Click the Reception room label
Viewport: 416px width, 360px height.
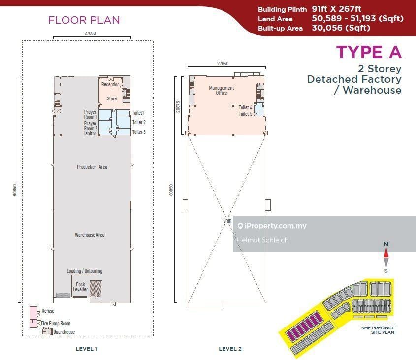(110, 84)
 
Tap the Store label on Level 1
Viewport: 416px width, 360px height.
(112, 98)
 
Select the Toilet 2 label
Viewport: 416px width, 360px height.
(139, 123)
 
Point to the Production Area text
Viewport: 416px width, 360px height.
(92, 167)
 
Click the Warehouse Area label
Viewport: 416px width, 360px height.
(90, 235)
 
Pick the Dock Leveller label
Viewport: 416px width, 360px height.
(80, 287)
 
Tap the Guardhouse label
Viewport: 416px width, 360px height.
(64, 332)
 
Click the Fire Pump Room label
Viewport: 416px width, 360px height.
(56, 324)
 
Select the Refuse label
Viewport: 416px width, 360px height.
(48, 311)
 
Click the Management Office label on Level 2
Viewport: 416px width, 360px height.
(222, 90)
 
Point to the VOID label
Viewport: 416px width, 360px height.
(227, 222)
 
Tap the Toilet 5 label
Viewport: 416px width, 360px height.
(245, 114)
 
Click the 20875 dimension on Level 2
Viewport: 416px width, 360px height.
(178, 107)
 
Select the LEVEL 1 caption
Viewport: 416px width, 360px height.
(87, 349)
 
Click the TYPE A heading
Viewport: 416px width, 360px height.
(369, 52)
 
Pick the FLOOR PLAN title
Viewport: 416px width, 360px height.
(84, 20)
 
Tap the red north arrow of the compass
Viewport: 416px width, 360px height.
(386, 253)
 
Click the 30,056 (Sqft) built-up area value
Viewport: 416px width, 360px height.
(341, 28)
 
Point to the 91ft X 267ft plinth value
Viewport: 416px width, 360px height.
(336, 9)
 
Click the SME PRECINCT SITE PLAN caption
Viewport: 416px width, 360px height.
(378, 330)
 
